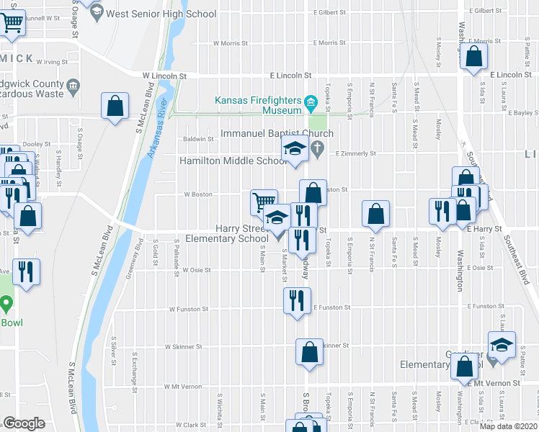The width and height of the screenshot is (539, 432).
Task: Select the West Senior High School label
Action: coord(161,13)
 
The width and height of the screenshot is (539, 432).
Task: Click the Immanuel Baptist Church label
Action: coord(277,134)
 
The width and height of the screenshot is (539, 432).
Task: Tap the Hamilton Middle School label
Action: coord(233,161)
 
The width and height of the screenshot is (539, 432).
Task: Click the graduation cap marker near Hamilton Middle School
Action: coord(294,151)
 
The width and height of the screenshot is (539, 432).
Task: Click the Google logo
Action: coord(24,423)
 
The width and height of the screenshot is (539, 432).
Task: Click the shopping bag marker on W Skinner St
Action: coord(308,353)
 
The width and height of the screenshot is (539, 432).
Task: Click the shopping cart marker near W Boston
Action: coord(264,202)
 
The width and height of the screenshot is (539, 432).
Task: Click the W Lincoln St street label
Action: coord(164,75)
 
